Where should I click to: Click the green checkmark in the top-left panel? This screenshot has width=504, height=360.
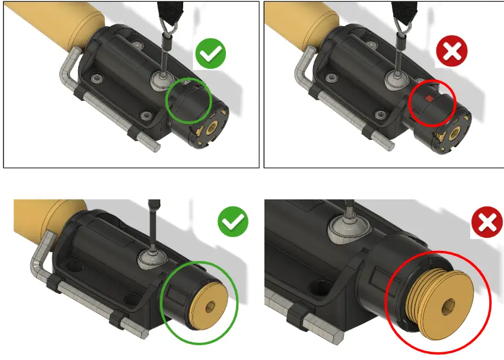coord(210,56)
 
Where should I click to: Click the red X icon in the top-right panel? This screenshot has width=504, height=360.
coord(452,52)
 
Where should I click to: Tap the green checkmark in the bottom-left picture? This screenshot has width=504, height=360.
coord(233,224)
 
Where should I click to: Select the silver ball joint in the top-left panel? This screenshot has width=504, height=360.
coord(161,79)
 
